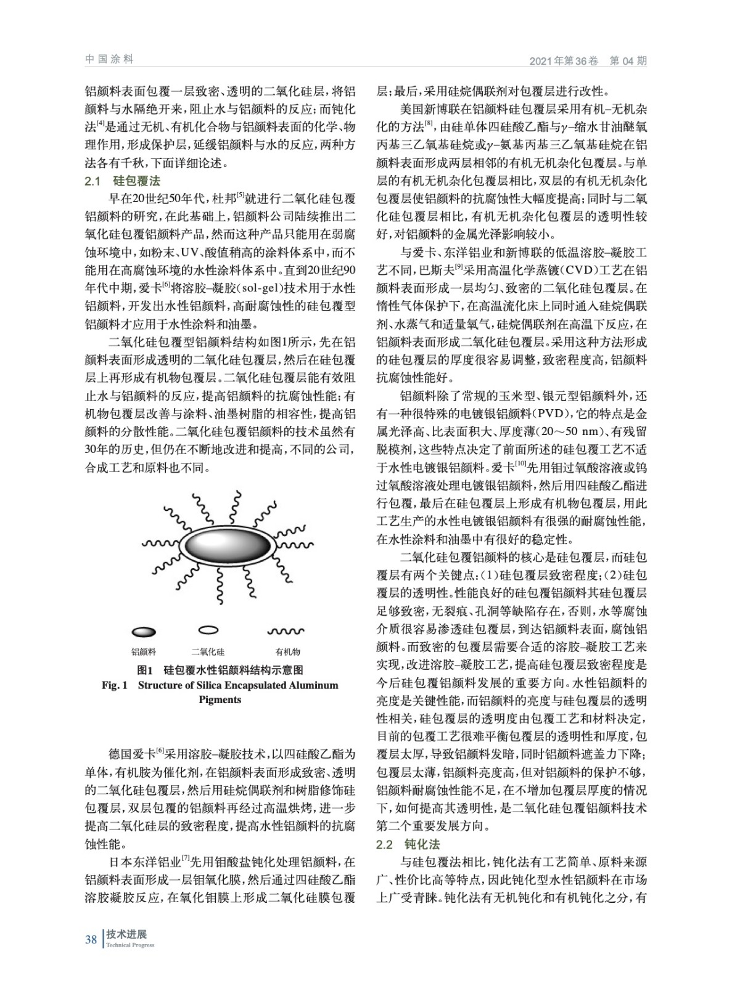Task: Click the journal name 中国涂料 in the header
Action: tap(109, 59)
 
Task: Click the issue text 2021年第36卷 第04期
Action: tap(588, 60)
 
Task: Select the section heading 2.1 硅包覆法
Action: tap(122, 181)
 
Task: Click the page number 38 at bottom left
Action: tap(91, 939)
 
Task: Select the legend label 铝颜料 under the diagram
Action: tap(144, 651)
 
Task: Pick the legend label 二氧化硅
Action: tap(208, 651)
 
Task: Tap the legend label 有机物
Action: tap(287, 651)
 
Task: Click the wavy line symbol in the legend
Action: tap(285, 632)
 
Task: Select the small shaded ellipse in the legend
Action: tap(144, 632)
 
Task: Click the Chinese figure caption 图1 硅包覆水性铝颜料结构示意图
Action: tap(220, 670)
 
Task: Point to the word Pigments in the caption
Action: tap(220, 699)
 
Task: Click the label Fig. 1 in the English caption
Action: tap(114, 685)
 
